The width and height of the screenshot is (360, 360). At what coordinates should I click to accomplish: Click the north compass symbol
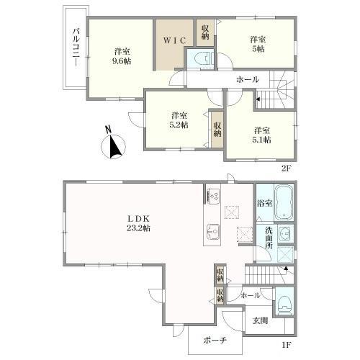(113, 145)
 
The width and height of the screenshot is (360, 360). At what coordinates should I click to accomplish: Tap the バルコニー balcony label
(76, 48)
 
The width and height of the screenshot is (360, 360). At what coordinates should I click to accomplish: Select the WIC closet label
(175, 40)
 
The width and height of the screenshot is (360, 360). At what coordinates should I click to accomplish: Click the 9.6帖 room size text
(122, 61)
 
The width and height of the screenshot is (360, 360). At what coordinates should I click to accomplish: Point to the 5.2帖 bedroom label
(179, 120)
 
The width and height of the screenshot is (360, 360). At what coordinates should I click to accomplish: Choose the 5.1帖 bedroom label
(262, 135)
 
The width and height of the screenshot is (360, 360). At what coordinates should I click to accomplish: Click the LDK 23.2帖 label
(138, 223)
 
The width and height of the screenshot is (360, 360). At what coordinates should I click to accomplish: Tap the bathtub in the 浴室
(284, 202)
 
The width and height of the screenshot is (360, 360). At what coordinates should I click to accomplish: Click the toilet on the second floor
(203, 59)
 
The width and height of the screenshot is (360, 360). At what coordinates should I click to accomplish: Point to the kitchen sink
(213, 232)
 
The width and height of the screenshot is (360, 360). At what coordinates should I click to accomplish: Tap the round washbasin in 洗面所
(286, 233)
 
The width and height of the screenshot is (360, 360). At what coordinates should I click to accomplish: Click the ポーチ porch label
(215, 340)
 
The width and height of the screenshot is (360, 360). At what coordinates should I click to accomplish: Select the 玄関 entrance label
(261, 320)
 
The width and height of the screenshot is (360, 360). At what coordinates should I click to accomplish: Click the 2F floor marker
(286, 168)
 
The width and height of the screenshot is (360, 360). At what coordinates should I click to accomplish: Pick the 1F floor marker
(287, 345)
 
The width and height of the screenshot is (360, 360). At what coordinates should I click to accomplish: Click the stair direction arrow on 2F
(258, 99)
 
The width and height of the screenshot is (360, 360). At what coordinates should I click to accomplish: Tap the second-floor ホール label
(248, 79)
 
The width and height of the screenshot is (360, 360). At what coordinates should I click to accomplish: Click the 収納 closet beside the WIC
(205, 32)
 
